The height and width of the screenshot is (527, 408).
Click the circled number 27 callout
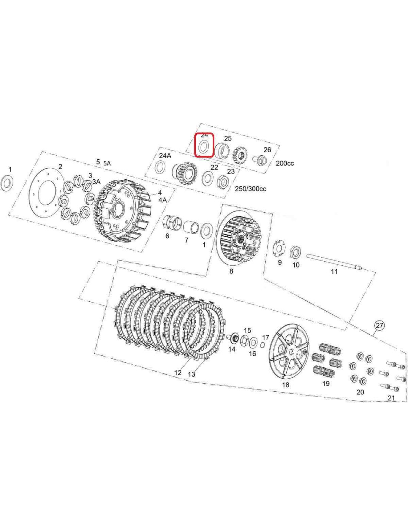(379, 325)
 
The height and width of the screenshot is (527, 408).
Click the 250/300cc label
(250, 189)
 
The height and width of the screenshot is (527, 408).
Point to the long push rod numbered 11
(335, 261)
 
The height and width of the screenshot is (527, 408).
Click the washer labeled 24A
(160, 167)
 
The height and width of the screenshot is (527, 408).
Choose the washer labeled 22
(207, 178)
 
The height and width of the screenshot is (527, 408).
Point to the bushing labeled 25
(221, 150)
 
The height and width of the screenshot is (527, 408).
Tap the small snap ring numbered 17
(262, 345)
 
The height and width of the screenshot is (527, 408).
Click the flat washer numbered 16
(253, 342)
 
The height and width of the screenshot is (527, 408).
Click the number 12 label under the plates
(178, 373)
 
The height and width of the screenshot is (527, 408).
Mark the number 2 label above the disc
(60, 166)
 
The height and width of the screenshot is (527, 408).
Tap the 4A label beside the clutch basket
(162, 200)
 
